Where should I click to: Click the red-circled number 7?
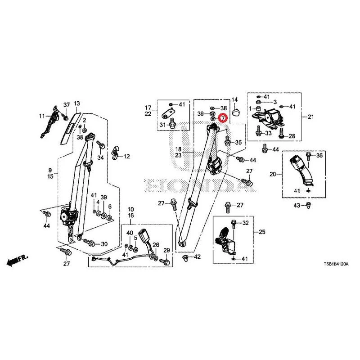click(x=223, y=118)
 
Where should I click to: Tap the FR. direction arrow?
click(x=18, y=260)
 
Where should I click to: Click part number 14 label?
click(x=234, y=99)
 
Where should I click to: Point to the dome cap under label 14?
click(x=236, y=113)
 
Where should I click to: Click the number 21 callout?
click(x=310, y=117)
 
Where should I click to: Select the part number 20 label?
click(x=273, y=174)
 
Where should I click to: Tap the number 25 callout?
click(x=262, y=232)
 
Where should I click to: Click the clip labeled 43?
click(x=308, y=206)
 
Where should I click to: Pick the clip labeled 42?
click(x=185, y=257)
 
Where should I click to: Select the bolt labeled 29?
click(x=165, y=261)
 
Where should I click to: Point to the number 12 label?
click(x=127, y=156)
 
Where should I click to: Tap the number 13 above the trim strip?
click(x=76, y=103)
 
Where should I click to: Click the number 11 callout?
click(x=42, y=116)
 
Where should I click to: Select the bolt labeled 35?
click(x=227, y=140)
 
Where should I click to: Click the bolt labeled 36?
click(x=309, y=156)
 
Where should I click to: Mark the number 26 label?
click(x=156, y=245)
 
